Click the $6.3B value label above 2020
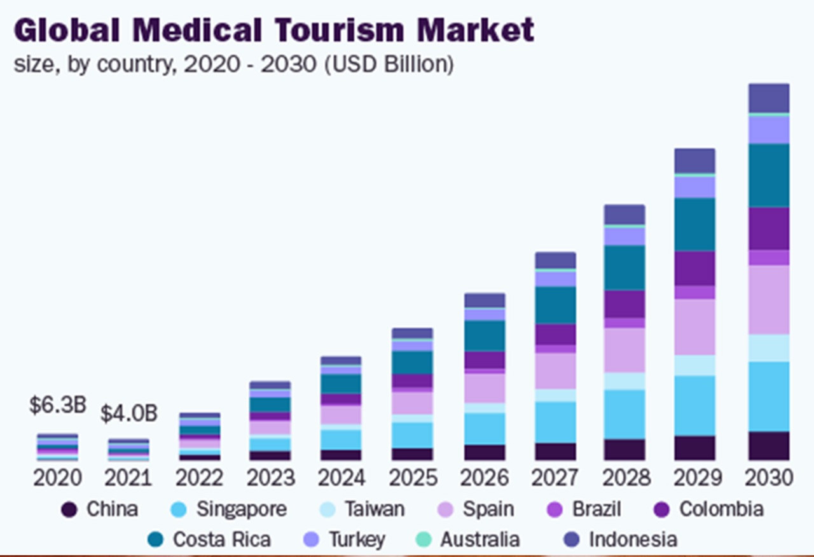click(x=57, y=406)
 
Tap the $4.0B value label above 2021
click(x=128, y=413)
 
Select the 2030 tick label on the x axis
click(x=769, y=478)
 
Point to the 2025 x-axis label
click(x=412, y=478)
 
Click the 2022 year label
click(x=200, y=478)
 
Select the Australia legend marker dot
click(x=423, y=540)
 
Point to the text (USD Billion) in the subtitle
click(x=389, y=64)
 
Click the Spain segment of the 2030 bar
click(x=769, y=299)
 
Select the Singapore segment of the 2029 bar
click(x=694, y=405)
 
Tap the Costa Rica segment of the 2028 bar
click(x=624, y=268)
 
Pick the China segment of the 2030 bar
click(x=769, y=446)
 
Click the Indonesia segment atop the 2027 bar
click(x=555, y=260)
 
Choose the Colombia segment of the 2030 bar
click(x=769, y=228)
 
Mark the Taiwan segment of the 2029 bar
click(x=694, y=365)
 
